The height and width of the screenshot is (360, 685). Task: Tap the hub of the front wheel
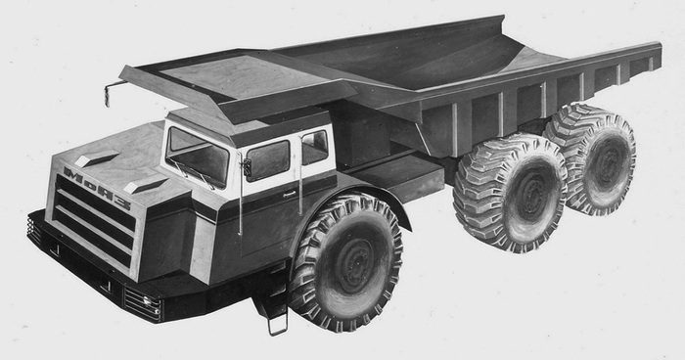(x=353, y=266)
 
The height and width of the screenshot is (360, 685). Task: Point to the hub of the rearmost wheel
(x=607, y=163)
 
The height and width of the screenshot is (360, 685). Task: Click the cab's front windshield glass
(x=197, y=157)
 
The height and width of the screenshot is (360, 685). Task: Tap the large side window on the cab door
(x=268, y=159)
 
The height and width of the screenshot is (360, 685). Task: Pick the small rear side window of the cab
(x=314, y=148)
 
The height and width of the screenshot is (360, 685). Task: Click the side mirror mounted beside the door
(x=247, y=167)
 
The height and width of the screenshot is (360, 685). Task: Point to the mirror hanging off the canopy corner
(x=108, y=94)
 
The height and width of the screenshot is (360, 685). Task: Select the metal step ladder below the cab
(x=277, y=319)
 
